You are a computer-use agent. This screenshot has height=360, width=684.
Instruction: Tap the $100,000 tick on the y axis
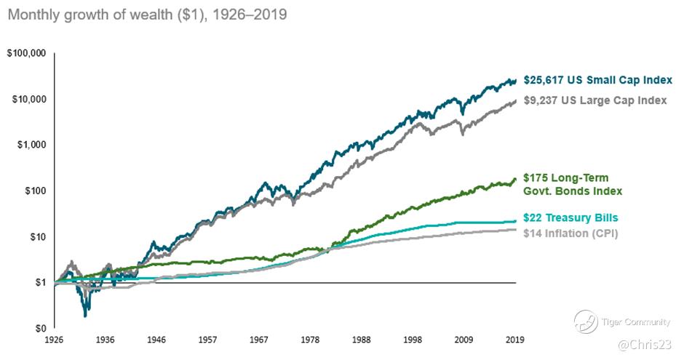[25, 54]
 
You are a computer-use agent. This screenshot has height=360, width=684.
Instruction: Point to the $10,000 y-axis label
[28, 100]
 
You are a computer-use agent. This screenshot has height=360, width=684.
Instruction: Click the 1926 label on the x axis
[54, 340]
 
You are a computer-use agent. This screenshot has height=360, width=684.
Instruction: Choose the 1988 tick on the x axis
[362, 340]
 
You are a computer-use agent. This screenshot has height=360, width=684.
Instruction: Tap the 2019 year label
[515, 340]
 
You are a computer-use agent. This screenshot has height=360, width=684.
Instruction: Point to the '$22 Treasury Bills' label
[571, 217]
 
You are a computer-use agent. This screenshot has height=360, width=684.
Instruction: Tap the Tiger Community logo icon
[586, 319]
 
